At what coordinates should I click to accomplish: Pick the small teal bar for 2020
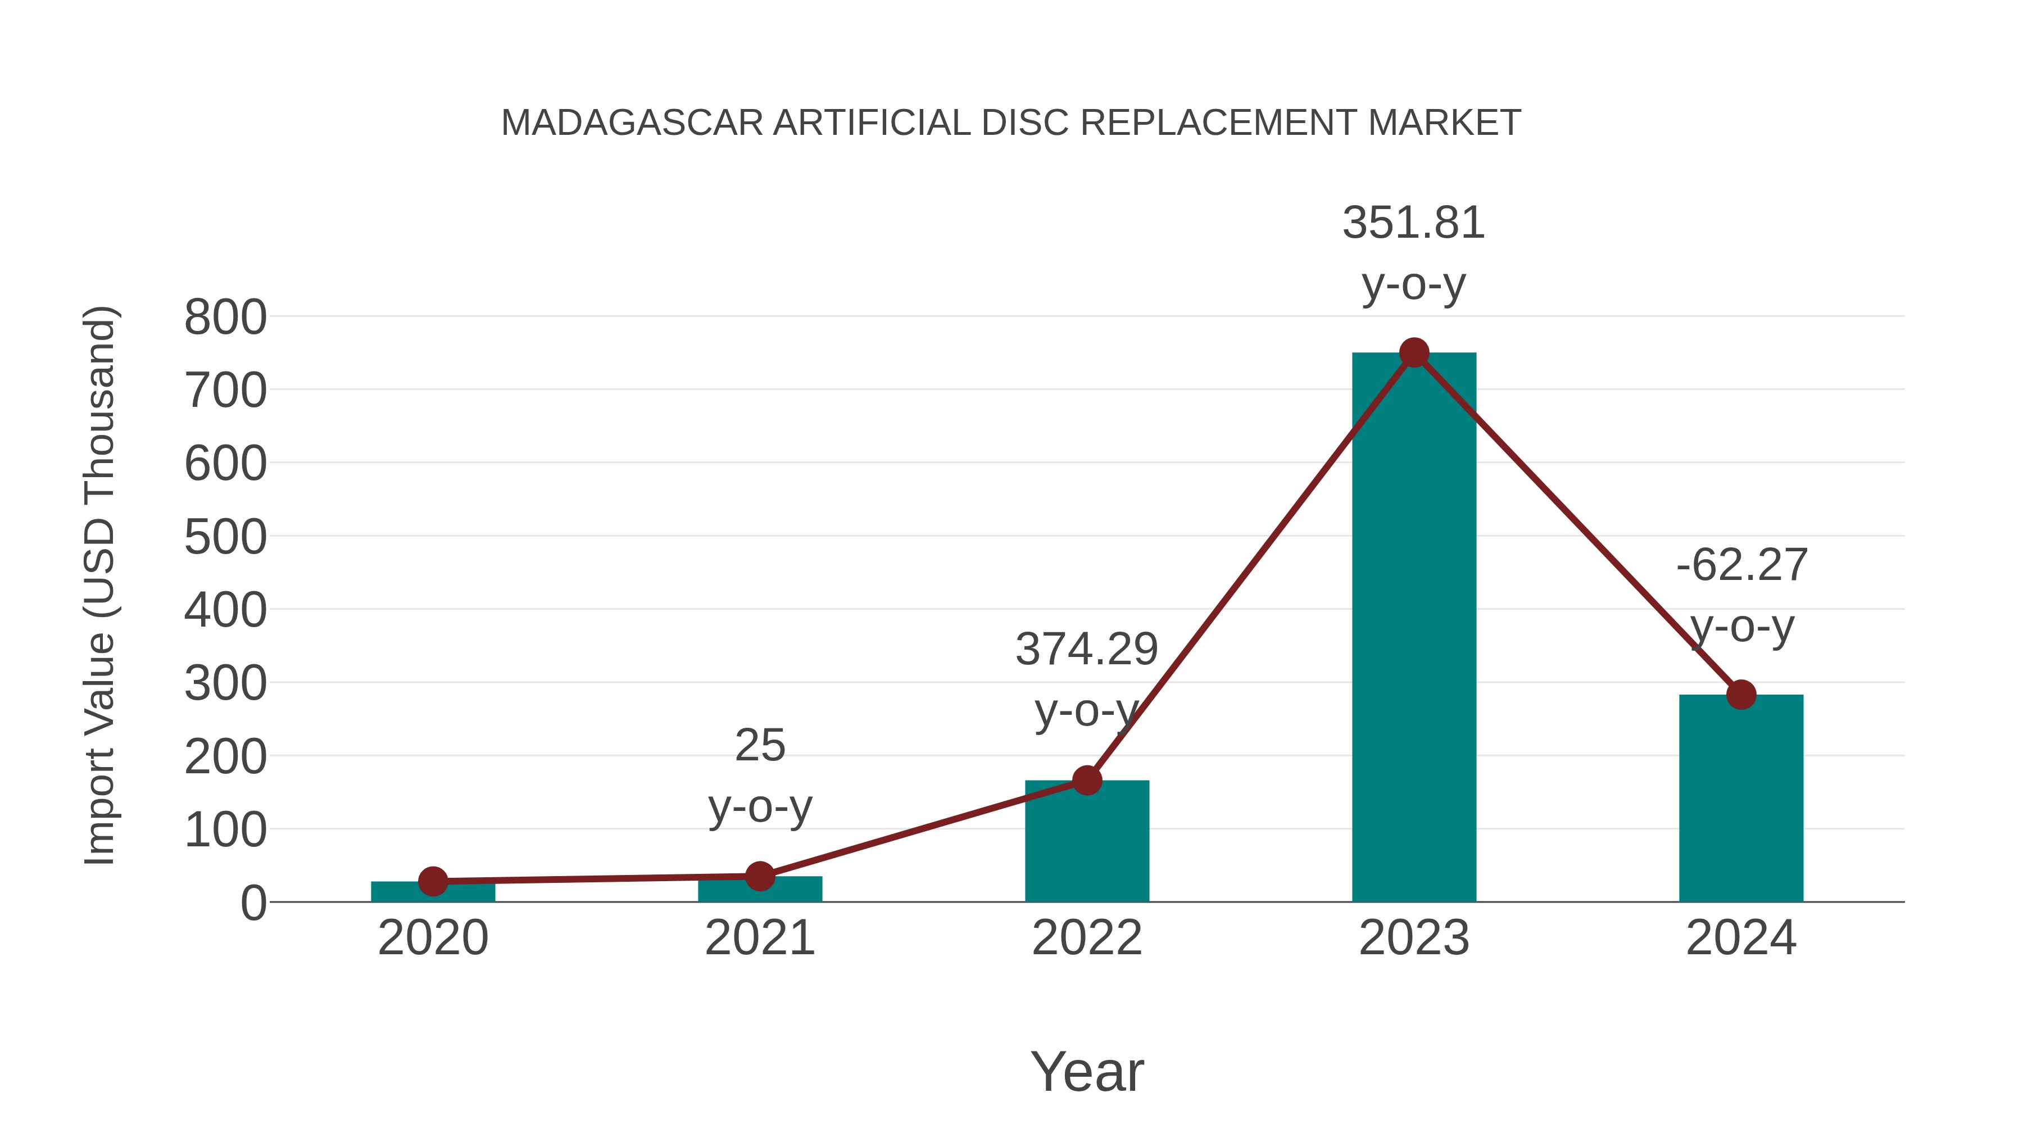click(x=433, y=893)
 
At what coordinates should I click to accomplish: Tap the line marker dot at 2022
click(x=1087, y=780)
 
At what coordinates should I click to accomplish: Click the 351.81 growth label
click(x=1414, y=223)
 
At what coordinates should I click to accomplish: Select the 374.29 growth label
click(x=1087, y=650)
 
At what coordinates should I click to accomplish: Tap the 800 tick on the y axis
click(x=225, y=318)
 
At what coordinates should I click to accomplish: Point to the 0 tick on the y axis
click(x=253, y=903)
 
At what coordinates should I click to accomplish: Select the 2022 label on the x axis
click(x=1087, y=938)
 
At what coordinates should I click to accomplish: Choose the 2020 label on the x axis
click(x=433, y=938)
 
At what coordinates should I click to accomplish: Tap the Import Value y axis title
click(x=101, y=585)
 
